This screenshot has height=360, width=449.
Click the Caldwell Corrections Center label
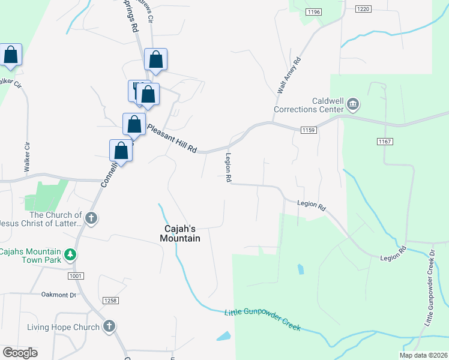click(x=309, y=105)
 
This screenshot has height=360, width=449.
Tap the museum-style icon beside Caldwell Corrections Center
click(x=352, y=106)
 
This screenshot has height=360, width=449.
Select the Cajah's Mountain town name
click(x=180, y=233)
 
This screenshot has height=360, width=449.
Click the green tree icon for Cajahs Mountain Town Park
click(x=71, y=255)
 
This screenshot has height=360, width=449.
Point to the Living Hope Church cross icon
click(x=109, y=326)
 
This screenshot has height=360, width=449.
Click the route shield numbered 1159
click(x=309, y=130)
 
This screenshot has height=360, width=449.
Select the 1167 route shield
click(x=385, y=142)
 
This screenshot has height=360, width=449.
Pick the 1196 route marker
click(x=313, y=12)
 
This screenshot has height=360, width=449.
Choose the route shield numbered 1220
click(x=363, y=8)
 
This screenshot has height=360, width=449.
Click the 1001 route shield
click(x=74, y=275)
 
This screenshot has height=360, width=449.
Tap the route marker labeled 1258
click(x=110, y=300)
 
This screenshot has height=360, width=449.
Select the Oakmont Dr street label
click(x=59, y=295)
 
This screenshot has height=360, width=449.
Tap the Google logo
click(x=20, y=353)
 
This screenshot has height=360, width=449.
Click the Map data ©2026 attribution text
click(x=423, y=355)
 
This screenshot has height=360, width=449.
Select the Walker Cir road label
click(x=26, y=158)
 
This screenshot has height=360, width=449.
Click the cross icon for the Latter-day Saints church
click(x=91, y=218)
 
